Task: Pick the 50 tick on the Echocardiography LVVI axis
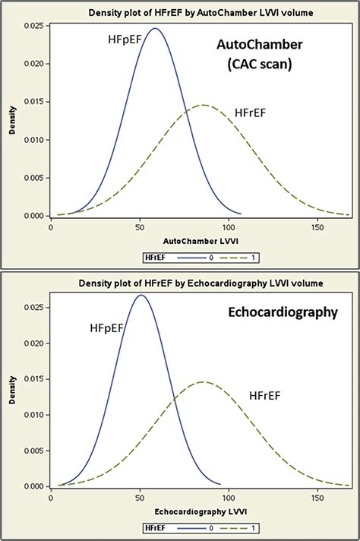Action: pyautogui.click(x=139, y=497)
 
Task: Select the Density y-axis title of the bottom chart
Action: pyautogui.click(x=13, y=391)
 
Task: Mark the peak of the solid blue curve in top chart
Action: pyautogui.click(x=154, y=29)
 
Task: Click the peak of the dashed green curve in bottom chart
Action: pyautogui.click(x=202, y=381)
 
